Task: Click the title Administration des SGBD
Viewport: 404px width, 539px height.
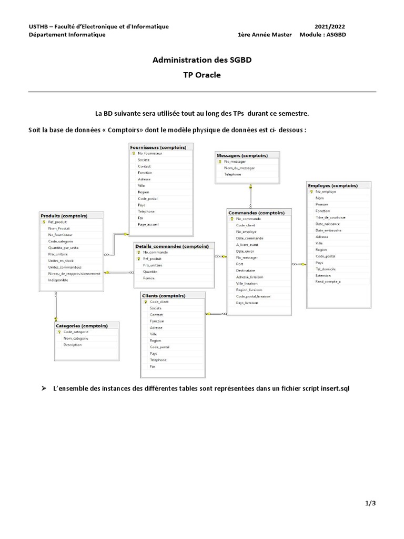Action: pos(202,60)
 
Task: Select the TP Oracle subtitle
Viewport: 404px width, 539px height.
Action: pos(202,75)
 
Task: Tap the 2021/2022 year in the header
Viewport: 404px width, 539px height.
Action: pos(330,26)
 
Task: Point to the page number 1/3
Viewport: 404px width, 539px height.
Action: pos(370,503)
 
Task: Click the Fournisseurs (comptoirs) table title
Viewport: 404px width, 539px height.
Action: pos(161,147)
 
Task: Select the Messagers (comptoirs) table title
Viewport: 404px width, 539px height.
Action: pos(242,155)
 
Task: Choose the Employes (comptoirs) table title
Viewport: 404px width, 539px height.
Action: pos(332,185)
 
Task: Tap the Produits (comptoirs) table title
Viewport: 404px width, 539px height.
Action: pos(64,216)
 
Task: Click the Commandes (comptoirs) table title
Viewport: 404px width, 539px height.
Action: pos(256,213)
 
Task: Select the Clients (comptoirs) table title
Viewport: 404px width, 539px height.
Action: pos(167,296)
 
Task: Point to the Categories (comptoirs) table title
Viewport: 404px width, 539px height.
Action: pos(82,326)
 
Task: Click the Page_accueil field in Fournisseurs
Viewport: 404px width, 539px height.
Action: pos(148,224)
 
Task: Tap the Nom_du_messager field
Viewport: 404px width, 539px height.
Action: pos(239,168)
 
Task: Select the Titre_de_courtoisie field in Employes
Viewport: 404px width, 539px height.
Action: pos(330,217)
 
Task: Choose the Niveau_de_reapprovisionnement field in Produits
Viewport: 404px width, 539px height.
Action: pos(74,274)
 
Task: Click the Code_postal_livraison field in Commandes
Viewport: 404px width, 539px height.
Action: pos(253,296)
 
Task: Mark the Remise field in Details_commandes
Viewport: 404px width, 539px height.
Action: pos(148,278)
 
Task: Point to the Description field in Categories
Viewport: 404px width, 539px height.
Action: pos(73,345)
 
